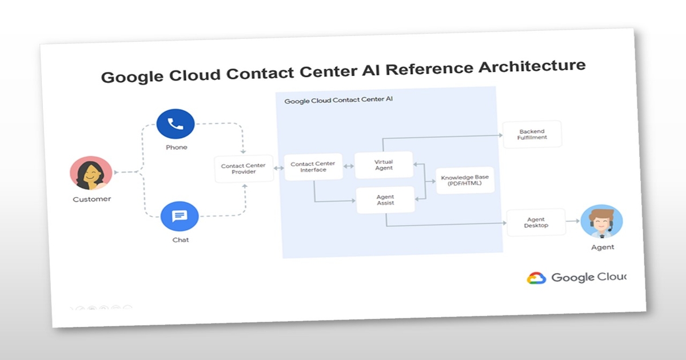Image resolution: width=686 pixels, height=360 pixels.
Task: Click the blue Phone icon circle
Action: (x=176, y=124)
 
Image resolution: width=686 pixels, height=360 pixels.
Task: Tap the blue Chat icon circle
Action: (x=180, y=216)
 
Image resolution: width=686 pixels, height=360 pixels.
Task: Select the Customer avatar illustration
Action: (x=91, y=173)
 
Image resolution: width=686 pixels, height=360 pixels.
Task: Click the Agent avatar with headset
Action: (x=601, y=222)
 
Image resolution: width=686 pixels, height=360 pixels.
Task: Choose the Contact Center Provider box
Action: (x=244, y=169)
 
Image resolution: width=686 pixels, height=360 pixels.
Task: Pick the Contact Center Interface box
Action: (x=313, y=167)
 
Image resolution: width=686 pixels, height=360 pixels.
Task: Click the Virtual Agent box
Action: (x=384, y=165)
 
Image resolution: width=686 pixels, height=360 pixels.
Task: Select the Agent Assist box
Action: (x=385, y=200)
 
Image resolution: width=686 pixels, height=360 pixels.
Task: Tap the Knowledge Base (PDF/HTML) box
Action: (x=465, y=181)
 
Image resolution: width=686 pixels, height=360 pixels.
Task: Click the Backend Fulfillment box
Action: (x=532, y=134)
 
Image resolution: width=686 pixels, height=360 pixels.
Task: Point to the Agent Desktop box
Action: (x=536, y=222)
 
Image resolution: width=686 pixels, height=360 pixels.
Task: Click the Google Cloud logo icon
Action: (x=537, y=278)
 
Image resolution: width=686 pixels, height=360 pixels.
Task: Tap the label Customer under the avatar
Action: (x=91, y=199)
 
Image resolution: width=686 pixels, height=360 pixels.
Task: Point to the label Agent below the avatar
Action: (x=603, y=247)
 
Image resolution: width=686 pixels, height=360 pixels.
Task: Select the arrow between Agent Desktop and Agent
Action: (x=573, y=221)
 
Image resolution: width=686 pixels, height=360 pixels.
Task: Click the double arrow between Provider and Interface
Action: (x=279, y=168)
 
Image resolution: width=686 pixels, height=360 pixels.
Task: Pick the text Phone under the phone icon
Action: (x=176, y=147)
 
